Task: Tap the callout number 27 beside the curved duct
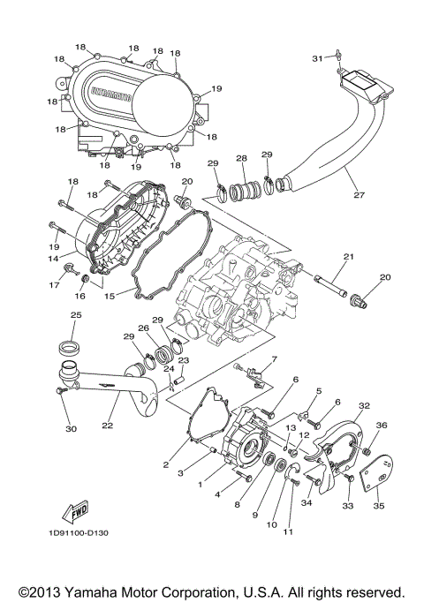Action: click(x=358, y=195)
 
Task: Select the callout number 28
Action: click(x=240, y=158)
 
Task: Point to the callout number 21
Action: click(x=348, y=256)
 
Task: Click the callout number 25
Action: click(x=75, y=315)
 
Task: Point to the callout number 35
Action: click(x=380, y=506)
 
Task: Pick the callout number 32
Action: click(x=362, y=406)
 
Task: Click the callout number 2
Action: click(x=165, y=464)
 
